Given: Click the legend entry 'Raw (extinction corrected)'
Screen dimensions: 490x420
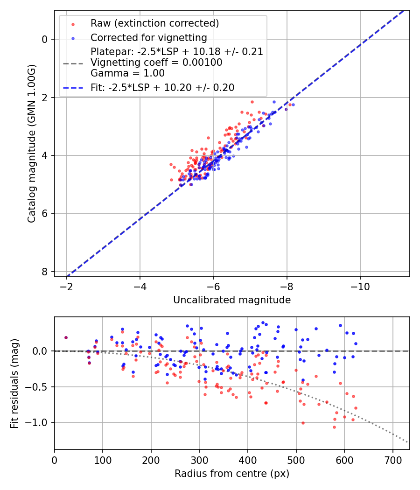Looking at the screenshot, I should tap(154, 23).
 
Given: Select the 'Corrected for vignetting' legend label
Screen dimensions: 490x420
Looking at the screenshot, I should tap(148, 37).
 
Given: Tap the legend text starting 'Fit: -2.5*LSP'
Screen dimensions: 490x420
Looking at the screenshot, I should tap(162, 87).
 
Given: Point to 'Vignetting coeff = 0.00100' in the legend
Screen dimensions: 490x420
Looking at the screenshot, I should tap(156, 63).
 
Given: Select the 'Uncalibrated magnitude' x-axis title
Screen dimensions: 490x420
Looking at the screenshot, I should tap(232, 300).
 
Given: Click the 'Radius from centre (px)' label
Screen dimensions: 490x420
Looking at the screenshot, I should tap(232, 474).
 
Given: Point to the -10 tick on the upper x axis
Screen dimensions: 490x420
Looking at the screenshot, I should tap(360, 285).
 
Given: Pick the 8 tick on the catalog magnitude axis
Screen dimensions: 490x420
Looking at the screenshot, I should tap(45, 272).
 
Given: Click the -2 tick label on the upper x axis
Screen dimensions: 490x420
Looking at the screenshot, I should tap(67, 285).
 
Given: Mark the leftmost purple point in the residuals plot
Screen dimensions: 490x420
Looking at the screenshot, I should tap(66, 337).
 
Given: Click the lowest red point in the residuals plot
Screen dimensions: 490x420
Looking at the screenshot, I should tap(334, 427).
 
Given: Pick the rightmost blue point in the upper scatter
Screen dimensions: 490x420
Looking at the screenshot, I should tap(293, 105).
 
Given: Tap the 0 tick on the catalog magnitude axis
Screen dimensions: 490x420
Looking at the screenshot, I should tap(45, 39).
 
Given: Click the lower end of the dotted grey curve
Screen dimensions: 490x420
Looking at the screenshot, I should tap(408, 442).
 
